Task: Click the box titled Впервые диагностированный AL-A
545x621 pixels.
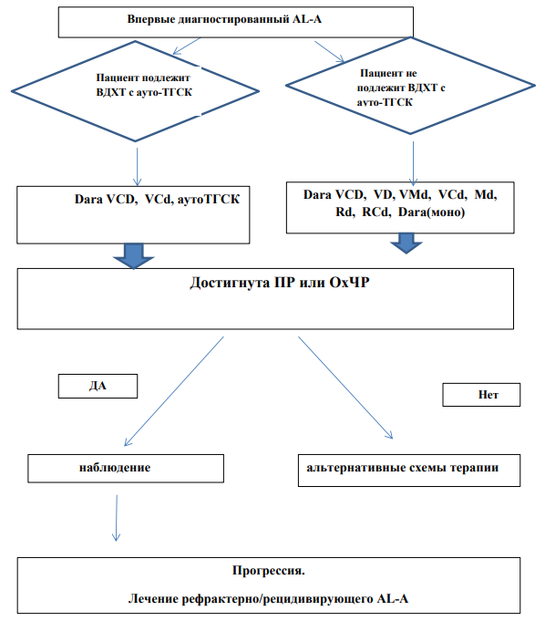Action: (235, 22)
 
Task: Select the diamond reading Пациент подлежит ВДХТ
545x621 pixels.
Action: (135, 90)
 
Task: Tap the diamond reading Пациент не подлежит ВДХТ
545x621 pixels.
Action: (410, 86)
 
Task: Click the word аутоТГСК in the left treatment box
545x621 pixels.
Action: (208, 199)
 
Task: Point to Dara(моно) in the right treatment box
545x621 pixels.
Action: (431, 212)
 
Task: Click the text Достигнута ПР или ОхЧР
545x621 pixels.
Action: (280, 283)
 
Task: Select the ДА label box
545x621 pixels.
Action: (98, 386)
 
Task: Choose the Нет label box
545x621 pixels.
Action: (481, 395)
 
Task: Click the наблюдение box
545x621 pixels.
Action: (126, 468)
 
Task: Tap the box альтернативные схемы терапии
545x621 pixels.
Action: (409, 471)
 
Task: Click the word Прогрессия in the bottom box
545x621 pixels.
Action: (268, 570)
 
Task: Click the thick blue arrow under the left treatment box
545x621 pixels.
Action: (134, 256)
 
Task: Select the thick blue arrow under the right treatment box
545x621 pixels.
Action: (406, 243)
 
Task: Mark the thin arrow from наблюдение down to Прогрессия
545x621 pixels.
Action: (117, 518)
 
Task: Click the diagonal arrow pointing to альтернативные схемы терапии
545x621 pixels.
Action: (345, 388)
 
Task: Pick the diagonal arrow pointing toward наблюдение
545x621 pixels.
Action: (174, 391)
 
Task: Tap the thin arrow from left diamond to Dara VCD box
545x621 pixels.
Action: (137, 167)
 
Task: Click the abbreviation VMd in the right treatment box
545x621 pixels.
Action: (414, 194)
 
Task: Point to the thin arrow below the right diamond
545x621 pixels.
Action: (413, 164)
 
